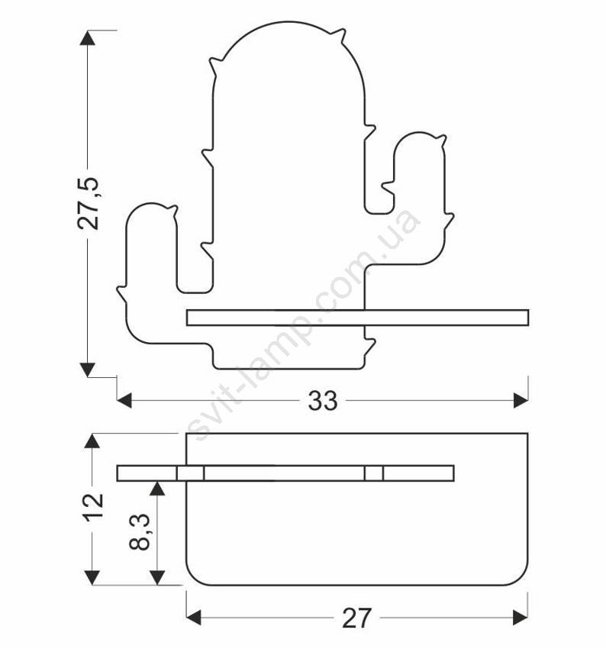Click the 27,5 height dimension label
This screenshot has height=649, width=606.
(88, 203)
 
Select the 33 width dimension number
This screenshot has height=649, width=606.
(323, 401)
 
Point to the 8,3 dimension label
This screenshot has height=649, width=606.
(140, 532)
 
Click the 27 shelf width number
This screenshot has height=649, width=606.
(357, 618)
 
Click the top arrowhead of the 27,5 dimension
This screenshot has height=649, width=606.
(87, 37)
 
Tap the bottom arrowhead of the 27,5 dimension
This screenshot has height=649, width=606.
(87, 370)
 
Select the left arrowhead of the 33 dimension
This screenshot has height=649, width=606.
(124, 401)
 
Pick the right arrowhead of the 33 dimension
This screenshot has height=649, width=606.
(521, 401)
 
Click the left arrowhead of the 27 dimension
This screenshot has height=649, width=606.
(194, 618)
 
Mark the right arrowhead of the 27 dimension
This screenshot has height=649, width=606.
(521, 618)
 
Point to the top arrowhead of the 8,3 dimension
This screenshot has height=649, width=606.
(157, 489)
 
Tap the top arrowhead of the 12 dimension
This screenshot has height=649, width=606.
(92, 441)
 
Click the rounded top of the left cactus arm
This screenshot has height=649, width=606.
(151, 205)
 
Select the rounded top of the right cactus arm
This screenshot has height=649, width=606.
(419, 134)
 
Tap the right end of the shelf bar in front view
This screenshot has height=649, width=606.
(528, 318)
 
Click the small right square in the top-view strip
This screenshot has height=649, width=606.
(374, 473)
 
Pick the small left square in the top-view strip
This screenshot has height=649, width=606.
(191, 473)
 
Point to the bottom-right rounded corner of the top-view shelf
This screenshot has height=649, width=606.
(521, 579)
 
